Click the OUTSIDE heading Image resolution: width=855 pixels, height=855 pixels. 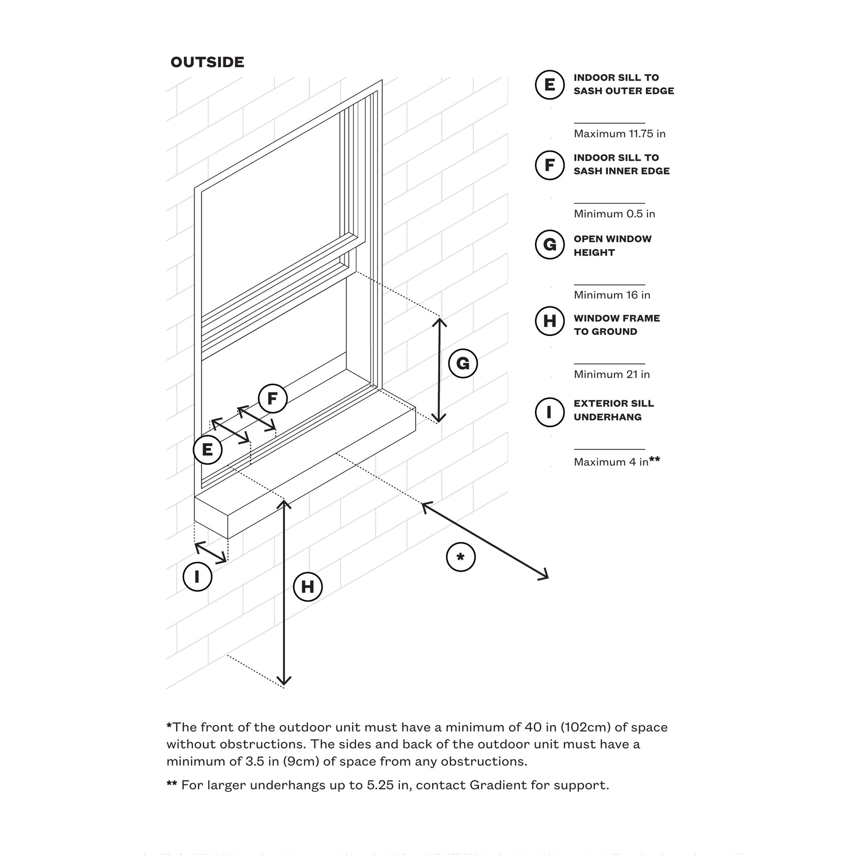coord(207,62)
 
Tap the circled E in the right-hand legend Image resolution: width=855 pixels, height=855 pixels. coord(550,84)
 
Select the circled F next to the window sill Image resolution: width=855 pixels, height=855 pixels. coord(272,398)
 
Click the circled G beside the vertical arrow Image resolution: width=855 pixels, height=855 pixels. coord(463,363)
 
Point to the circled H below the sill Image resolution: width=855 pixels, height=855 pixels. coord(307,587)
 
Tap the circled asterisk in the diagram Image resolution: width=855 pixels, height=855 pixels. coord(461,557)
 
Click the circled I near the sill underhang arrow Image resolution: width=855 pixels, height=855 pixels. coord(197,577)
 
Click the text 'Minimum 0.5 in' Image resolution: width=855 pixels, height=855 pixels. coord(614,214)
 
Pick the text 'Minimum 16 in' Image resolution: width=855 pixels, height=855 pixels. coord(612,295)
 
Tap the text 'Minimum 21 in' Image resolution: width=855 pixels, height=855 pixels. coord(612,375)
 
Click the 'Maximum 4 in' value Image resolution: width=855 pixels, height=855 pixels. coord(611,462)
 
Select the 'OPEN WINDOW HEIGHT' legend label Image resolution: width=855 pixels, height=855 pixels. coord(612,246)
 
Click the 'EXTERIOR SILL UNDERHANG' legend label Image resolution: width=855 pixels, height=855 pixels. coord(613,410)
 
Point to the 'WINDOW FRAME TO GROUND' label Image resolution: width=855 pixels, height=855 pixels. coord(616,325)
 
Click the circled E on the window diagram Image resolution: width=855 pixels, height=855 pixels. coord(207,450)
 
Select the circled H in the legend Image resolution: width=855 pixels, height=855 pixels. coord(550,321)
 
